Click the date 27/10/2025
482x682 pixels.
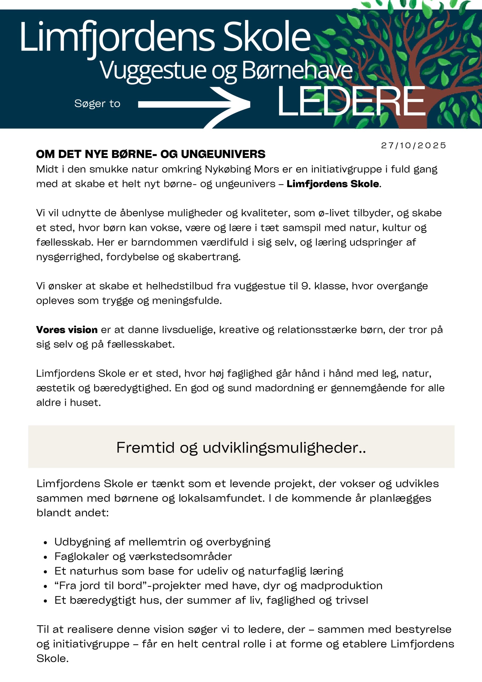(413, 145)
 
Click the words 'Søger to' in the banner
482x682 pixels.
(97, 103)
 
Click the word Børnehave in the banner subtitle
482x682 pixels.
(297, 71)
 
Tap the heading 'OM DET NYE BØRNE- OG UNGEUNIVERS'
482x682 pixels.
(150, 154)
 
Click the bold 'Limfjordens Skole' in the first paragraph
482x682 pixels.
(332, 184)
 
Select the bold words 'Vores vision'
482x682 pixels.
(67, 330)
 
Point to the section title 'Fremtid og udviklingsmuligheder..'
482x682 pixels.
(241, 448)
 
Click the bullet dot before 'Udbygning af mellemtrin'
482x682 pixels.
(46, 542)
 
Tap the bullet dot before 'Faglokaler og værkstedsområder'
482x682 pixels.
(46, 557)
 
